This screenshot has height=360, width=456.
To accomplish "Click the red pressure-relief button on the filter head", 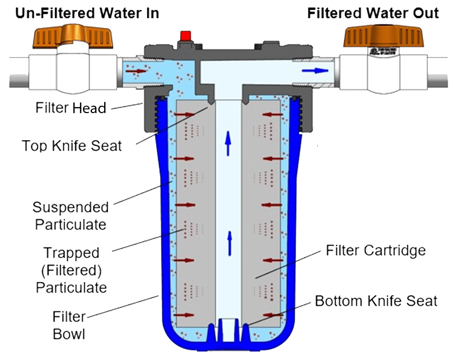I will tap(185, 36).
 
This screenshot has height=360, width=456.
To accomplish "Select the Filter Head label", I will tap(71, 108).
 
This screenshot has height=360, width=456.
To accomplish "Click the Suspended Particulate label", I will tap(70, 215).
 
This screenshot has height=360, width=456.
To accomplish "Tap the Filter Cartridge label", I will tap(375, 250).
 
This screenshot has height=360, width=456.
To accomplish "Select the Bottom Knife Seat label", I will tap(376, 301).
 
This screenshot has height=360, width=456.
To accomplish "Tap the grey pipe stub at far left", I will tap(16, 80).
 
